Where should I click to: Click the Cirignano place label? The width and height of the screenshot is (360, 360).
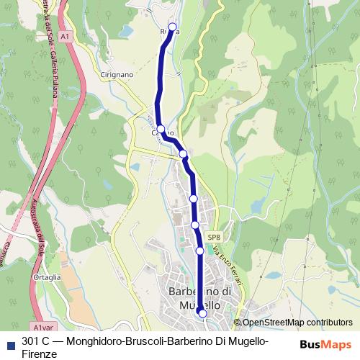point(117,74)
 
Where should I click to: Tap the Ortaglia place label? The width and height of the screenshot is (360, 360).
point(46,276)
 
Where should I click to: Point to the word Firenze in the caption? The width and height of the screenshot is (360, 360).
point(39,354)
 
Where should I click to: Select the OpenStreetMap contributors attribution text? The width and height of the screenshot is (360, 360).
point(297,323)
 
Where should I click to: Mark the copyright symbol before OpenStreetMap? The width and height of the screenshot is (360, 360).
point(237,323)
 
